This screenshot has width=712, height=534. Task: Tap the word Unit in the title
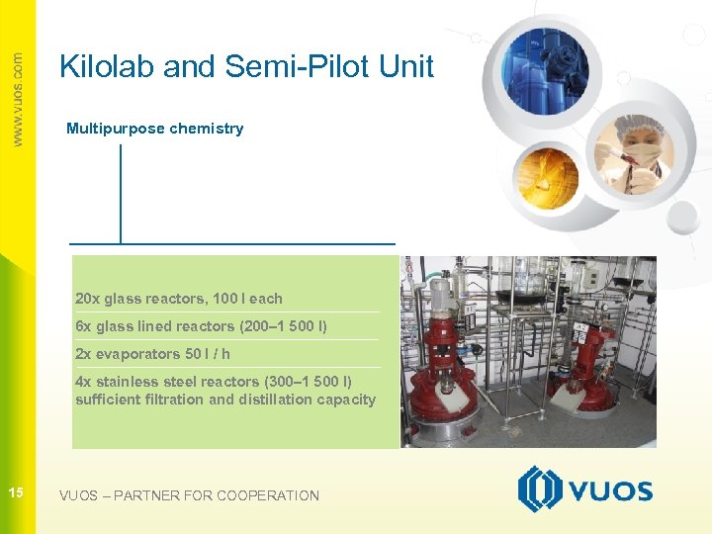pos(404,66)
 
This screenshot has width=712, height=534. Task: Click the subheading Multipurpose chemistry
pos(154,129)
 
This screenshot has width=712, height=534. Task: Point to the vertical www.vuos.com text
pos(17,99)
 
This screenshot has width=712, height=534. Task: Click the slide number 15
pos(16,492)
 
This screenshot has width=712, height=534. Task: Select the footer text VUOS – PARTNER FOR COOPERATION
pos(189,495)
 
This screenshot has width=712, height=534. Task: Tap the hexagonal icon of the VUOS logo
pos(540,489)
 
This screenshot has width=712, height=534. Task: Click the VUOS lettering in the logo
pos(608,491)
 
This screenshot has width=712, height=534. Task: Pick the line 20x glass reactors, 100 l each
pos(178,299)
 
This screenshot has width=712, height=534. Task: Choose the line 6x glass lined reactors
pos(201,326)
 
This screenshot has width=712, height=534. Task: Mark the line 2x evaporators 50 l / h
pos(152,354)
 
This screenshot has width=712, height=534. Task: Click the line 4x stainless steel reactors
pos(213,382)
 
